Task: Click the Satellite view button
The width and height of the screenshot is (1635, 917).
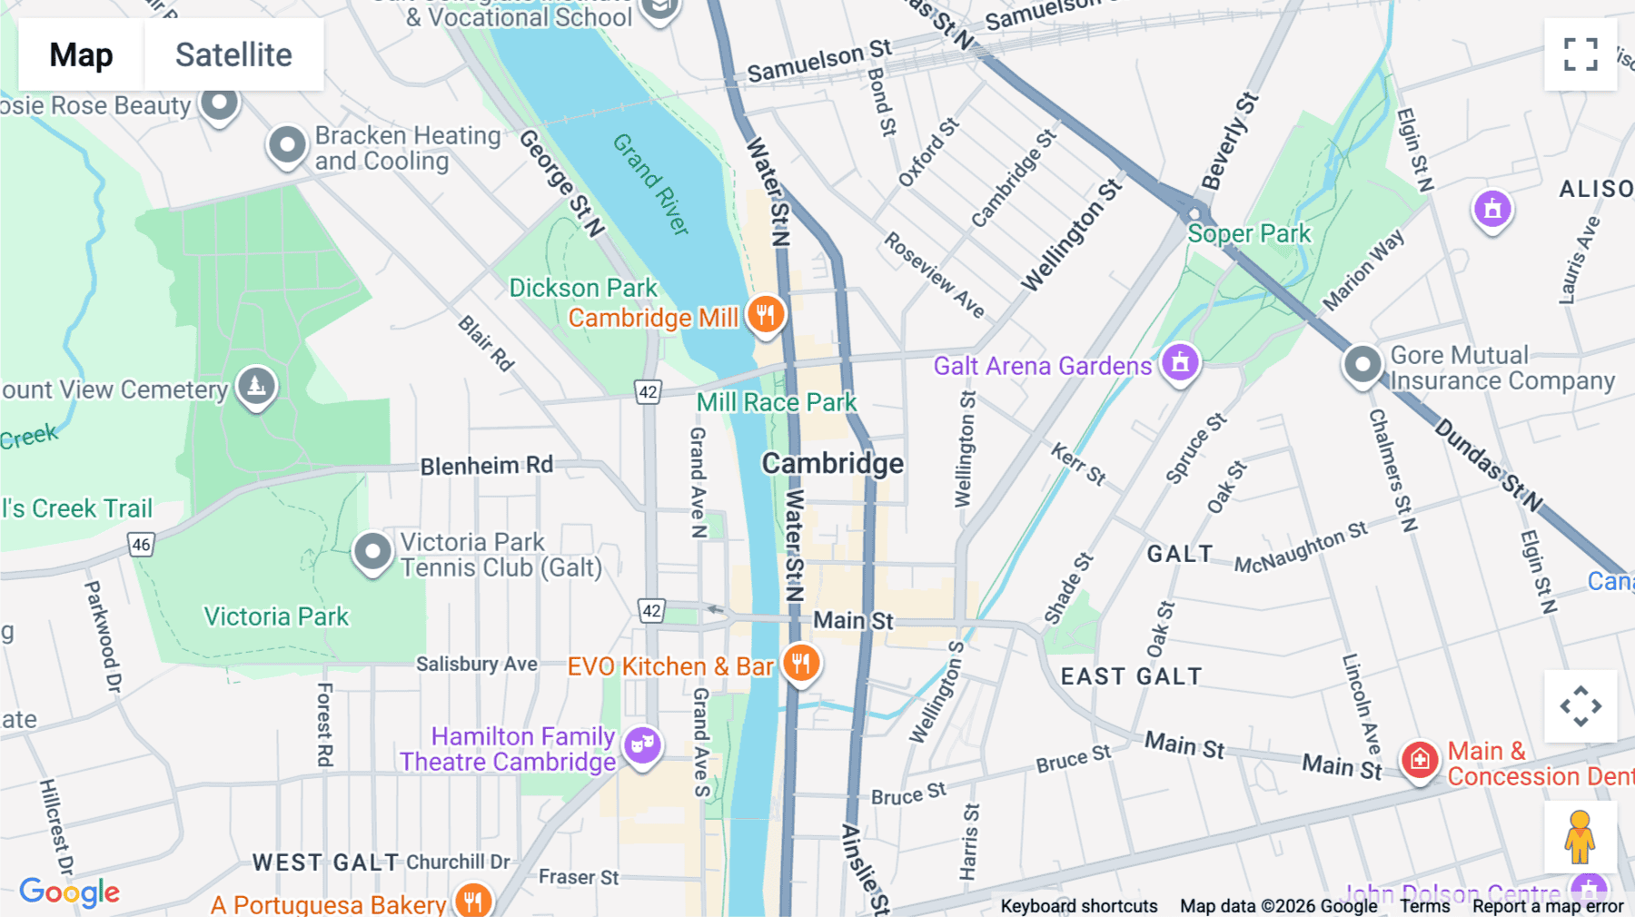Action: [x=233, y=54]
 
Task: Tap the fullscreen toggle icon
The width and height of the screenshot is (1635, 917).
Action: [x=1580, y=54]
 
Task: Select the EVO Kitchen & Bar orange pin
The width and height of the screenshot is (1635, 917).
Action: [x=800, y=664]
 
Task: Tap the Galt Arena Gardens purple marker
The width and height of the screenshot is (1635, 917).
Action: [x=1180, y=362]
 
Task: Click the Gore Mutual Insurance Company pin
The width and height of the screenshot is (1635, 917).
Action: [x=1362, y=365]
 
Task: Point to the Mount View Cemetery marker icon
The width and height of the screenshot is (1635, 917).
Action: [x=256, y=387]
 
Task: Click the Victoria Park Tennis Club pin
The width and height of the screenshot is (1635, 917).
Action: [x=372, y=551]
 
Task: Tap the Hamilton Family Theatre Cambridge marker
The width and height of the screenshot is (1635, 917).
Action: [x=642, y=745]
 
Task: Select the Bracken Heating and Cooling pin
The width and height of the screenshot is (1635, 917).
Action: [x=288, y=145]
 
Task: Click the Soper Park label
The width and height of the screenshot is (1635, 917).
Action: [x=1249, y=234]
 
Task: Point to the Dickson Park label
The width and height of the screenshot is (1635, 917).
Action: [x=582, y=288]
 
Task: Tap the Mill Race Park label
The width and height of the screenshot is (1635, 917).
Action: [x=776, y=402]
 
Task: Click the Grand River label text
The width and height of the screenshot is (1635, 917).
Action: [x=650, y=184]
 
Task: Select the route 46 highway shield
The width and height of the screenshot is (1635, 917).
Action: [x=141, y=545]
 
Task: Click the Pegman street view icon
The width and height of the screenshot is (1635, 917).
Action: [x=1580, y=837]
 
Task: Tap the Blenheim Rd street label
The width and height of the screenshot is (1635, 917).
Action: [x=486, y=466]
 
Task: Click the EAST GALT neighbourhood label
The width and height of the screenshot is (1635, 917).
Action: [x=1131, y=676]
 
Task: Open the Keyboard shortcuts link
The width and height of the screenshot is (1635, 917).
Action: [x=1078, y=905]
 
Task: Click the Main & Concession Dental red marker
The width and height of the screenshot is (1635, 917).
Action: [x=1420, y=759]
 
